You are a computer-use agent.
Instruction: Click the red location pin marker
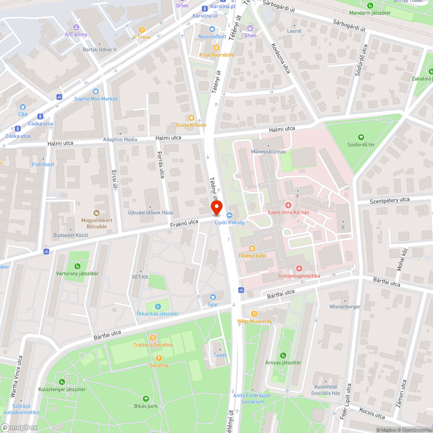[x=216, y=208]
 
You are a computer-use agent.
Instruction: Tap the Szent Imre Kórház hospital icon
[x=288, y=204]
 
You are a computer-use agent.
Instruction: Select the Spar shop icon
[x=213, y=297]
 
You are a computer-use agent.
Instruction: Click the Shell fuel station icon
[x=250, y=28]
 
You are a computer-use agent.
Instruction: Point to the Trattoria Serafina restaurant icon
[x=152, y=337]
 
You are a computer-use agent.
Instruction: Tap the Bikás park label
[x=146, y=406]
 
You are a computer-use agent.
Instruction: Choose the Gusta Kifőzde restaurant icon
[x=191, y=118]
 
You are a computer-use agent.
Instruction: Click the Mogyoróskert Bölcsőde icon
[x=97, y=213]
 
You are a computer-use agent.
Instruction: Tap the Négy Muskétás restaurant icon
[x=254, y=314]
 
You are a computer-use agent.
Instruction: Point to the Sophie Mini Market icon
[x=95, y=91]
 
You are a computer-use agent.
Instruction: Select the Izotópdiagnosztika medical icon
[x=299, y=268]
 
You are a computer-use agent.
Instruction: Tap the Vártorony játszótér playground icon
[x=77, y=266]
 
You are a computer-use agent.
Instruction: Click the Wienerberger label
[x=345, y=307]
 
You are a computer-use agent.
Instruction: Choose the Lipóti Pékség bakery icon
[x=229, y=215]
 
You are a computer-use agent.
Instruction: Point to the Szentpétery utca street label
[x=389, y=200]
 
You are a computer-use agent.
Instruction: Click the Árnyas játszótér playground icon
[x=283, y=355]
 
